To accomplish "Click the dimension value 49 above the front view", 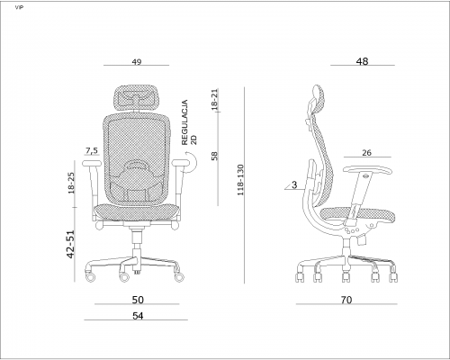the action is tap(137, 62).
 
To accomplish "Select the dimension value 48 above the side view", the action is tap(362, 61).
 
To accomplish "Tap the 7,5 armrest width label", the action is tap(92, 150).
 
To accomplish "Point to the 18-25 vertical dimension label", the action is tap(71, 183).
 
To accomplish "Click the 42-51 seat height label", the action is tap(70, 244).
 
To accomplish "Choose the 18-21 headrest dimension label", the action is tap(214, 100).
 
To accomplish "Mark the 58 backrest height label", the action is tap(214, 156).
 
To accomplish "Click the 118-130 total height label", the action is tap(240, 180).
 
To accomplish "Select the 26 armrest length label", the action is tap(366, 153).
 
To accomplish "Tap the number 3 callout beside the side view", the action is tap(294, 184).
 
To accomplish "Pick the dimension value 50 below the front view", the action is tap(138, 300).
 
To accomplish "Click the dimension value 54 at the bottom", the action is tap(138, 316).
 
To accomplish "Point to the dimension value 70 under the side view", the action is tap(346, 300).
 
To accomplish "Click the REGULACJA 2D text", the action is tap(189, 122).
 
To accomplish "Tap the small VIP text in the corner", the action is tap(19, 7).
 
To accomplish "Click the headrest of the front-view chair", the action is tap(137, 98).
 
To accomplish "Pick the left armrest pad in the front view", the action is tap(92, 163).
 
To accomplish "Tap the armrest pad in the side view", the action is tap(367, 170).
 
